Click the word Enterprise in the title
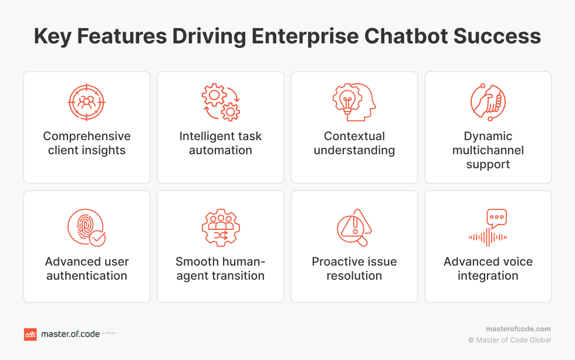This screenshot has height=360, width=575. coord(305,37)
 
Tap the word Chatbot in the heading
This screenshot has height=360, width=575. coord(406,36)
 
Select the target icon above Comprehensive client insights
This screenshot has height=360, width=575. coord(87,102)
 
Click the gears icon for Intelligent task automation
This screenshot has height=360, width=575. coord(221,102)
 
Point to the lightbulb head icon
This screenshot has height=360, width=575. coord(354,102)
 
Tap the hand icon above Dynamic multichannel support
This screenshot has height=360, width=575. coord(488,102)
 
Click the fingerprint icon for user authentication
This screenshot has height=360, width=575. coord(87,227)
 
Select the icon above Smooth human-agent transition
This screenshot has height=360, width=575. coord(221,227)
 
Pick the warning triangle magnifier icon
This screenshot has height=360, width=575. coord(354,227)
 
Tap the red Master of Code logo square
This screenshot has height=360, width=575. coord(30,334)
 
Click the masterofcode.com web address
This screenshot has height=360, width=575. coord(518,329)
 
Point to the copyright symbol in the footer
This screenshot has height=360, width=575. coord(471,340)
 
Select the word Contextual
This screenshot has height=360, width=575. coord(354,136)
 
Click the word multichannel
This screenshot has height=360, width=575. coord(488,150)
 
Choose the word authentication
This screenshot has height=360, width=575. coord(87,276)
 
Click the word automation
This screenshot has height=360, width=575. coord(221,150)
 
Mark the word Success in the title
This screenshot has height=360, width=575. coord(498,36)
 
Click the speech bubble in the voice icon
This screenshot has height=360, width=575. coord(496,218)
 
